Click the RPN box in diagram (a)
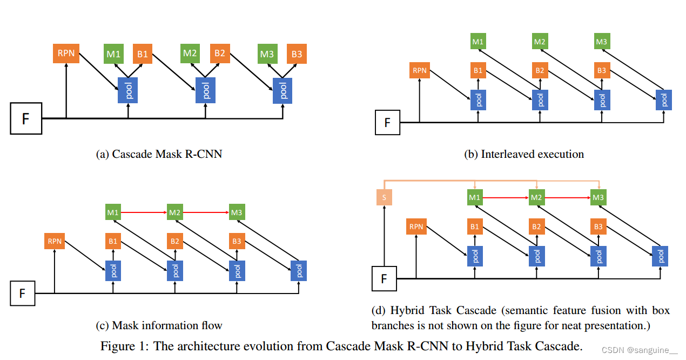point(66,54)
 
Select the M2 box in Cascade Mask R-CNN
point(190,53)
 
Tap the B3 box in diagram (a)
point(297,54)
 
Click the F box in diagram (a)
point(26,118)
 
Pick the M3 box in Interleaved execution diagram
point(601,41)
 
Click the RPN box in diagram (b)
point(420,70)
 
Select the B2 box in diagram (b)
point(539,70)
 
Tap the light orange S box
point(384,197)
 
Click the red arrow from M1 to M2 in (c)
point(143,212)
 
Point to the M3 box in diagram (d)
point(598,197)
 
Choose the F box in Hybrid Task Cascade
point(384,279)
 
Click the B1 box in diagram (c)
point(113,241)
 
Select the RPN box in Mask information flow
point(55,241)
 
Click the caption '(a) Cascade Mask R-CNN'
point(159,154)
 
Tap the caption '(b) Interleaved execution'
point(524,154)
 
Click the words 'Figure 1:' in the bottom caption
point(124,346)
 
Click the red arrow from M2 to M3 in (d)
point(567,198)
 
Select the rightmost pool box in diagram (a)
point(283,90)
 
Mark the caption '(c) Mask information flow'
point(159,325)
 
